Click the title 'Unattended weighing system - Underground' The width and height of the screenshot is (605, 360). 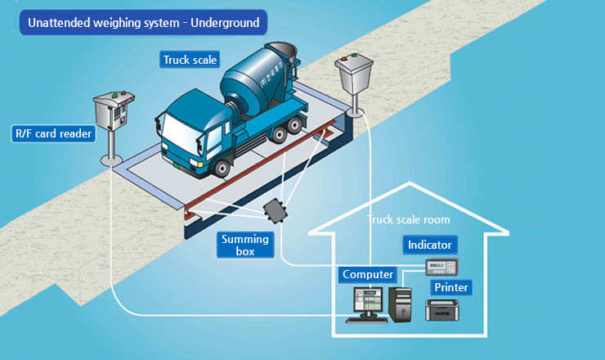click(144, 23)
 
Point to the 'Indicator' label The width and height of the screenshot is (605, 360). click(430, 245)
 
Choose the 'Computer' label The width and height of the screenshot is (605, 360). click(368, 274)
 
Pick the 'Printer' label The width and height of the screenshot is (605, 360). click(451, 288)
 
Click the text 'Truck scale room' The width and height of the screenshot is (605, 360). click(408, 219)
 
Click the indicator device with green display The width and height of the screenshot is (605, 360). click(441, 266)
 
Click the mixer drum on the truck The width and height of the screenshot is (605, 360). click(249, 79)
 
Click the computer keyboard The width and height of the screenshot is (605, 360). click(365, 318)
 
